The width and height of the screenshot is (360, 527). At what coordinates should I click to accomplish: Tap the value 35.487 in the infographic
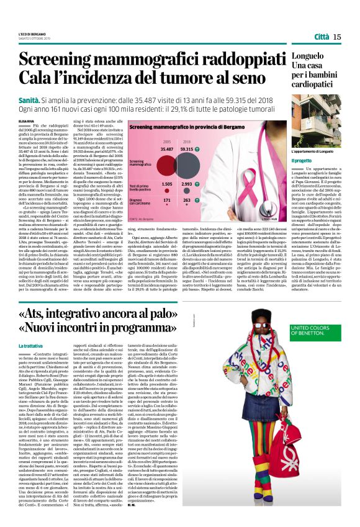pyautogui.click(x=167, y=149)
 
